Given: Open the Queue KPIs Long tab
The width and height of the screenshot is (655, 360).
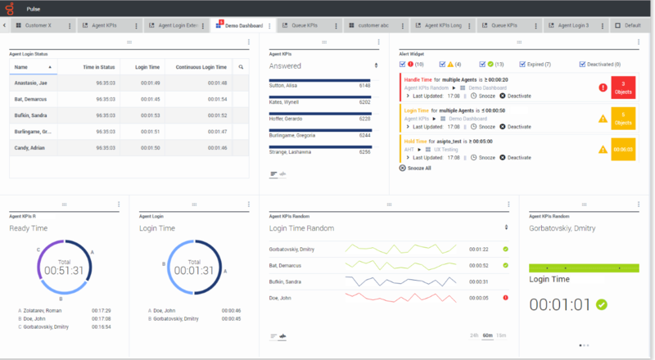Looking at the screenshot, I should (442, 25).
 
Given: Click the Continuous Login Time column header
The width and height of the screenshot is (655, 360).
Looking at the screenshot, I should (201, 67).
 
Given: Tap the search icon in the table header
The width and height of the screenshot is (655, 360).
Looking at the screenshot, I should (241, 67).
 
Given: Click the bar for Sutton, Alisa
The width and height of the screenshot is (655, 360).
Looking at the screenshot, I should (319, 80).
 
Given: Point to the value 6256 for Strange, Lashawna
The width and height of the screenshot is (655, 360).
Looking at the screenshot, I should (364, 151).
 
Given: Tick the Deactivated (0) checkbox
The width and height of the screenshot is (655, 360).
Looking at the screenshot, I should (583, 64).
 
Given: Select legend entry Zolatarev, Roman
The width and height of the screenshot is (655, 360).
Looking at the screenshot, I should (43, 311).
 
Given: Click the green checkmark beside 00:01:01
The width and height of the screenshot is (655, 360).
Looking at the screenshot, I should (602, 304).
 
